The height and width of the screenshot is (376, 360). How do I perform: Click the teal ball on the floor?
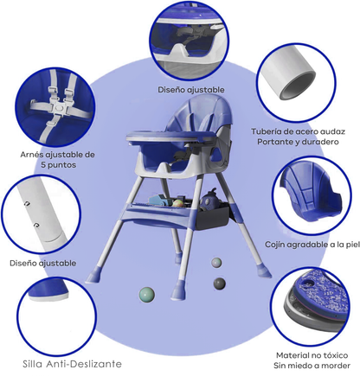point(147,295)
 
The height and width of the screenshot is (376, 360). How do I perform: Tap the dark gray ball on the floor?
point(220,284)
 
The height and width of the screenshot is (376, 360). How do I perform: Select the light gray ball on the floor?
point(216,263)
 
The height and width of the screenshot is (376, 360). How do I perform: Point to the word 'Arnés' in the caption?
point(31,155)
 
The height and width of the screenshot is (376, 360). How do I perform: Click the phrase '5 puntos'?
point(58,165)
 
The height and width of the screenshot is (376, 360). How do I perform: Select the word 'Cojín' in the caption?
point(274,245)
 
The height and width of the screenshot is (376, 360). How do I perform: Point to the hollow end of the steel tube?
point(297,86)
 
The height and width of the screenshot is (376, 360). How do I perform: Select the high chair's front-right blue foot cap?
point(179,290)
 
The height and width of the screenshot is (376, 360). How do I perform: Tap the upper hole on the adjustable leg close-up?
point(28,204)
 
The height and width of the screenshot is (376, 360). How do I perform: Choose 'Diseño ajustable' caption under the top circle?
point(191,90)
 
